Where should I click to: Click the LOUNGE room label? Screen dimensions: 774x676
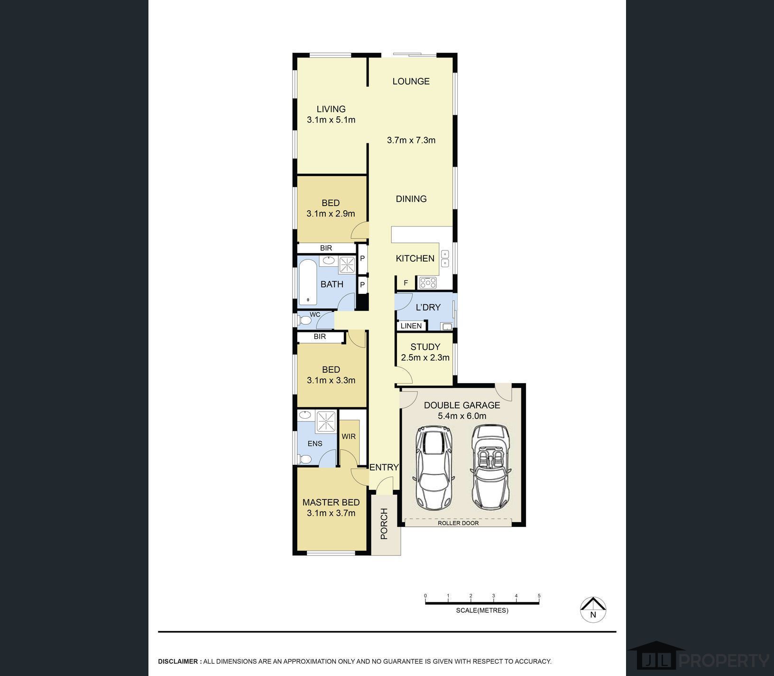411,81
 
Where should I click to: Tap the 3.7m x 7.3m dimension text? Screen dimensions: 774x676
411,140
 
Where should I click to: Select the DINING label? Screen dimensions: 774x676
411,199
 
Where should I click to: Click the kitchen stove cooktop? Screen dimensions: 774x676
428,283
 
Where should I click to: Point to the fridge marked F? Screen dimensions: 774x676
406,283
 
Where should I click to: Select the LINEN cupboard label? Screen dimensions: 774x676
411,326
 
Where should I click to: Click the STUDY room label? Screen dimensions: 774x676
425,347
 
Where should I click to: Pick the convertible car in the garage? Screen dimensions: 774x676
491,467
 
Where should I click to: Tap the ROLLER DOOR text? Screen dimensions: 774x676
458,523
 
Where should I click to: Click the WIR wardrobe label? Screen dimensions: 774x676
349,437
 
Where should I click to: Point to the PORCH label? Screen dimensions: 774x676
384,524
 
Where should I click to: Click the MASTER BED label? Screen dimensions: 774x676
331,502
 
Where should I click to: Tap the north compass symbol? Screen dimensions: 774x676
593,609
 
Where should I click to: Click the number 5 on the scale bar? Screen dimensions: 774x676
539,596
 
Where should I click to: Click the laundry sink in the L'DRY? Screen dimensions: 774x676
446,326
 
